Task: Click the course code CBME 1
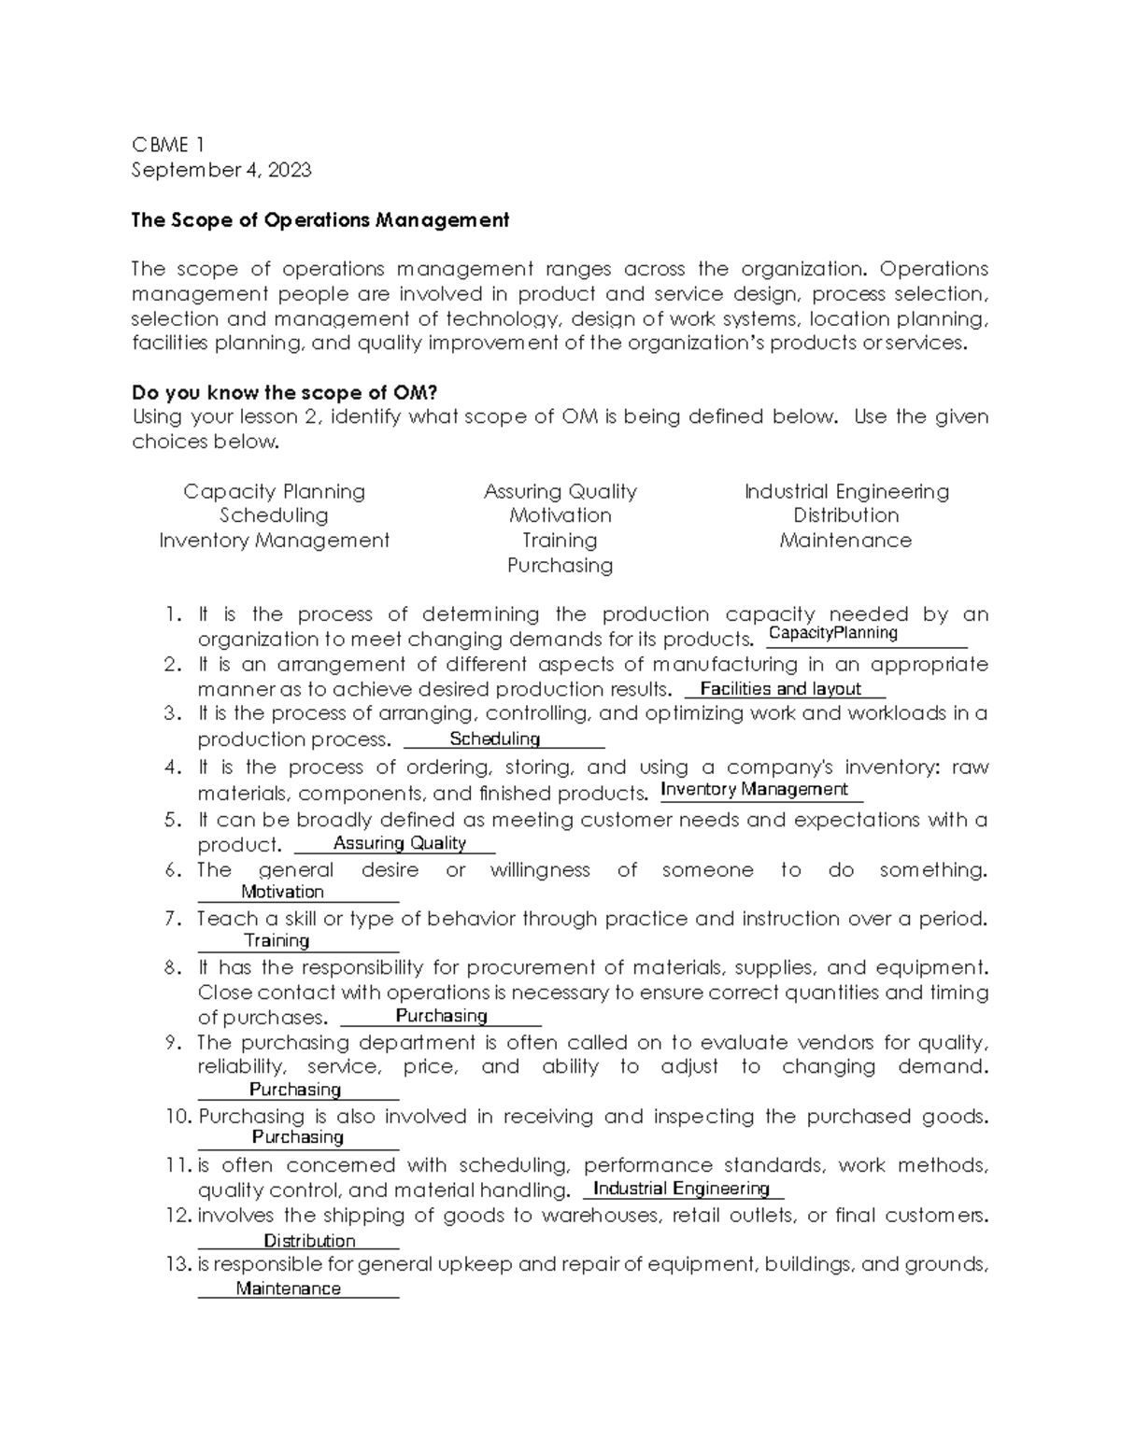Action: (x=168, y=145)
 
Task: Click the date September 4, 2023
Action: (x=221, y=170)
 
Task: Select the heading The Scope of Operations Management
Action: (x=320, y=220)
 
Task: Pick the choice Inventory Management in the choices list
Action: (x=274, y=541)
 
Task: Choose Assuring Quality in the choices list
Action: (x=560, y=492)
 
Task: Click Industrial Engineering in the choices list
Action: (x=846, y=492)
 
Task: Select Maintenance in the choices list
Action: (x=845, y=541)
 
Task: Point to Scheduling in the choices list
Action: (x=274, y=516)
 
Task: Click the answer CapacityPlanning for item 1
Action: (x=832, y=633)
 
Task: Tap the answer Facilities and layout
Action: (x=780, y=689)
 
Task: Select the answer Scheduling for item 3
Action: (x=495, y=739)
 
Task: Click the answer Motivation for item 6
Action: (x=282, y=892)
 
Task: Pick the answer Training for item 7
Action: (x=277, y=940)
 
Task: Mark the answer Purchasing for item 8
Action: (x=442, y=1016)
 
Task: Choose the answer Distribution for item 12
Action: (x=309, y=1241)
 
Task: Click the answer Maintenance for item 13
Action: (x=288, y=1288)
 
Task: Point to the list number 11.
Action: (x=177, y=1166)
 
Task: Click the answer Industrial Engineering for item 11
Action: (x=681, y=1189)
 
